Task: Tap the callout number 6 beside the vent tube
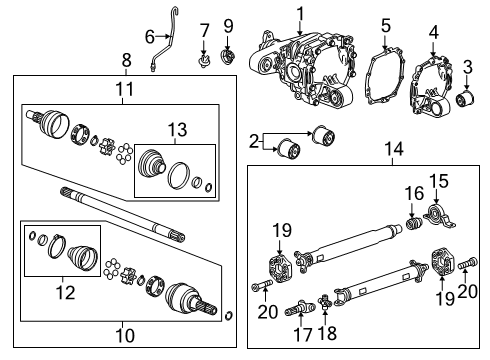(x=150, y=37)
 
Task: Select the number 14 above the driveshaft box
(x=394, y=149)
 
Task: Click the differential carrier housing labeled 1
(x=305, y=65)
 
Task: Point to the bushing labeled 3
(x=465, y=100)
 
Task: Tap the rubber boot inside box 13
(x=155, y=166)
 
